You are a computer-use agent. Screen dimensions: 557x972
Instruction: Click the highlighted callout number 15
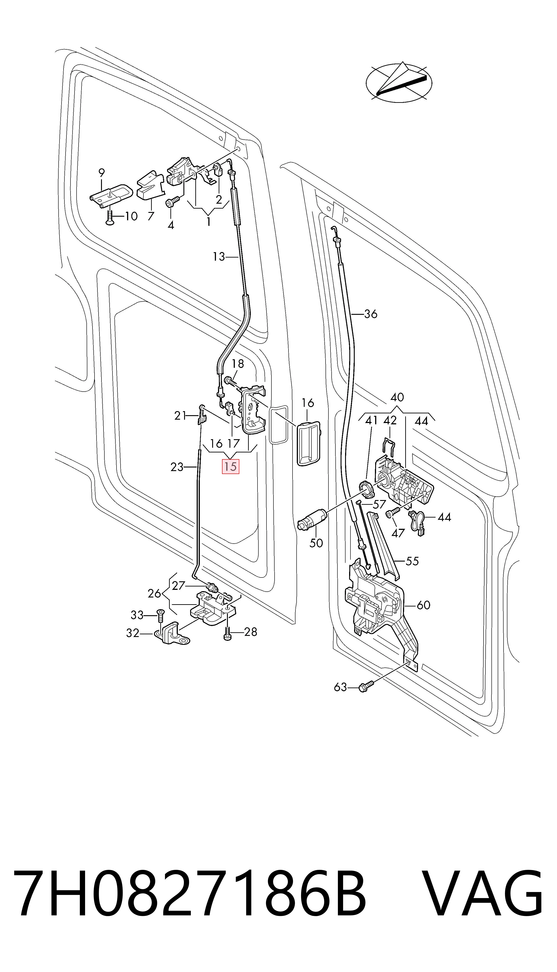click(231, 467)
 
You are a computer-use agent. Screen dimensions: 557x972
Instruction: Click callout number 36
click(370, 314)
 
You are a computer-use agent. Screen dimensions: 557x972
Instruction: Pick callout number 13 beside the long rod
click(219, 257)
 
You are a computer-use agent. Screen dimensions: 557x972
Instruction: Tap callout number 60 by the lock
click(423, 605)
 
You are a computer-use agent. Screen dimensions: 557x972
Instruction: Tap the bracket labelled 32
click(171, 633)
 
